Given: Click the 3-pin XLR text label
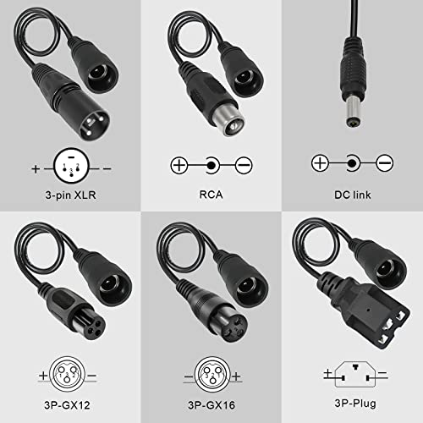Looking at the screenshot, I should click(69, 196).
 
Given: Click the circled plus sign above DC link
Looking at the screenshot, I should click(320, 162).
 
